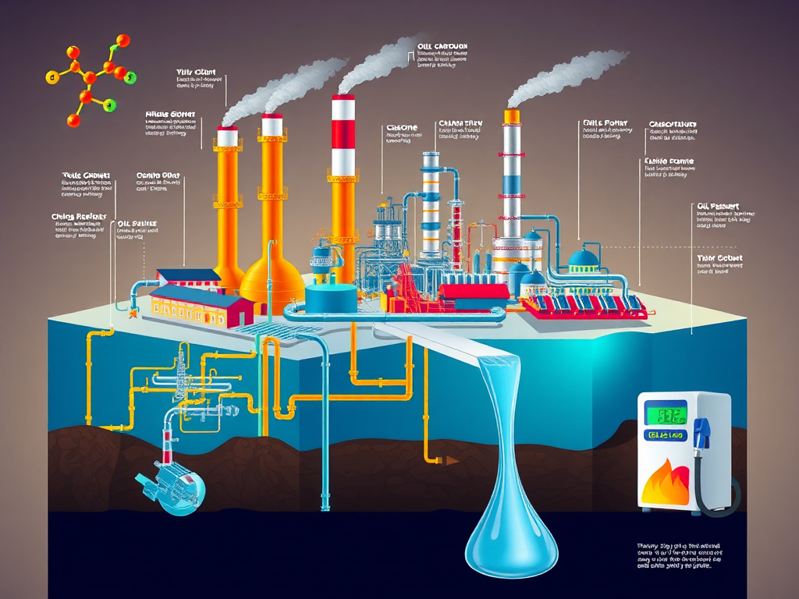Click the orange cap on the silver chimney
pos(512,116)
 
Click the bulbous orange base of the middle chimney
pos(272,277)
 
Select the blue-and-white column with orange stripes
pos(431,203)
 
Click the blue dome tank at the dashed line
pos(583,259)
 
